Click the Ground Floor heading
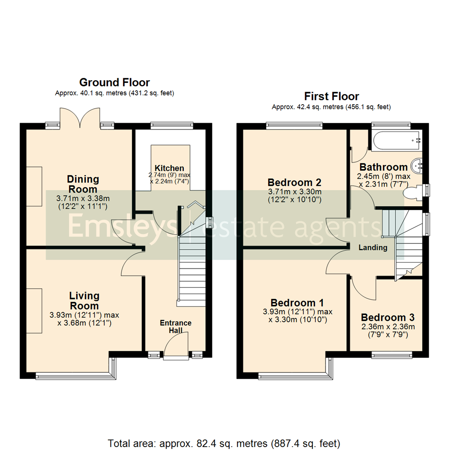pos(114,82)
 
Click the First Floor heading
pos(331,97)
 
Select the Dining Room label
pos(83,184)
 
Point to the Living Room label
pos(85,300)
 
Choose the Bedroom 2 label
pos(294,182)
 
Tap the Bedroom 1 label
pos(297,302)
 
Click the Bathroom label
pos(383,167)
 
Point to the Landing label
pos(373,247)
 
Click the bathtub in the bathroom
pos(396,141)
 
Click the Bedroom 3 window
pos(392,355)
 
